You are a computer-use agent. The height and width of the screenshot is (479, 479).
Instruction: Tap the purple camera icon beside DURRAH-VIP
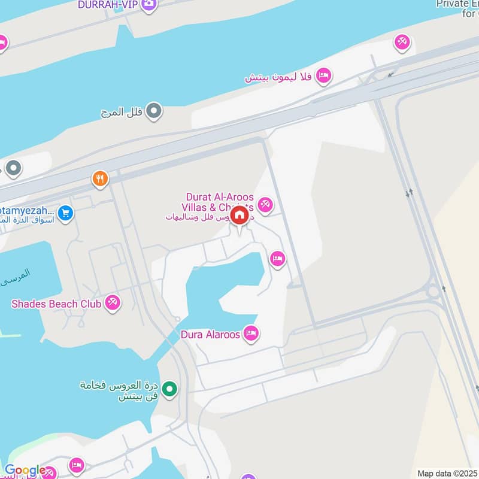(149, 5)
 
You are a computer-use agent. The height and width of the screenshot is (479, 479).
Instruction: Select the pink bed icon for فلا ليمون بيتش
(324, 75)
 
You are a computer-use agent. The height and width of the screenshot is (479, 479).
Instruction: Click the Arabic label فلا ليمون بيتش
(279, 77)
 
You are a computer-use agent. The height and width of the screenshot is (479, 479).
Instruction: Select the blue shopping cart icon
(66, 213)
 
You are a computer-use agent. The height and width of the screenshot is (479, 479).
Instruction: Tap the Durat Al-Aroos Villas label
(220, 202)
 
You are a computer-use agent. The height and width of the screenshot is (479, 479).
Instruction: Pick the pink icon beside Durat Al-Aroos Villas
(266, 205)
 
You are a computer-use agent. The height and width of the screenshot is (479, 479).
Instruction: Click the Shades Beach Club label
(53, 304)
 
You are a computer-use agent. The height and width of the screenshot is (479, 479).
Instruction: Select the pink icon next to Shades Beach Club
(112, 303)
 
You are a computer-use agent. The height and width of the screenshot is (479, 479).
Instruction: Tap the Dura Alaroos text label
(210, 334)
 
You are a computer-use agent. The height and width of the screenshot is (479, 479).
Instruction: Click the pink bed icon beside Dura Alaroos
(251, 333)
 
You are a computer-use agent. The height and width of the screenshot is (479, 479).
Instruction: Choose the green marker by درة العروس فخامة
(171, 389)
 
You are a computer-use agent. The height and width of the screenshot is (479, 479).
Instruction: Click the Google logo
(24, 471)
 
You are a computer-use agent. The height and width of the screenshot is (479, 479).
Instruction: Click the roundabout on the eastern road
(433, 292)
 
